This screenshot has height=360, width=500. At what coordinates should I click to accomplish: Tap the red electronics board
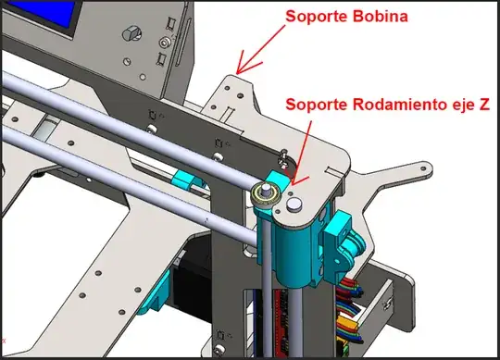[278, 315]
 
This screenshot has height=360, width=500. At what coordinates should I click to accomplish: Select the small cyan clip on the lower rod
[187, 180]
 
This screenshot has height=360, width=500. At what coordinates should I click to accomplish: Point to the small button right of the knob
[164, 43]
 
